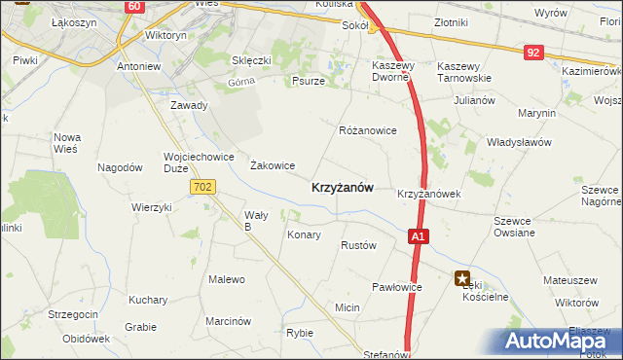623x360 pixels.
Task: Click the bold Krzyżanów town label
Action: point(342,188)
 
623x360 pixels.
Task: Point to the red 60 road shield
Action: point(133,7)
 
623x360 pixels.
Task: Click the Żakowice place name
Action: point(273,165)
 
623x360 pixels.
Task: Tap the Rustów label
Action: point(358,246)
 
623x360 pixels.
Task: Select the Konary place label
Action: point(303,235)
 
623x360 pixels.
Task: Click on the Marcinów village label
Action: point(229,321)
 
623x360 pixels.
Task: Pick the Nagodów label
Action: point(121,167)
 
